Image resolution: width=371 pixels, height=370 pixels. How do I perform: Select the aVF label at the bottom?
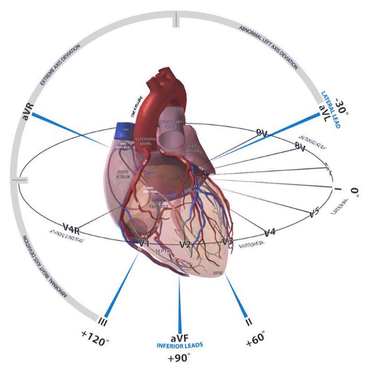(179, 338)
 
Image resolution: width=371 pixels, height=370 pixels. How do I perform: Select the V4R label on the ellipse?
(73, 228)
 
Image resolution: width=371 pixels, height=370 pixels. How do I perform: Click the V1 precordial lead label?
(144, 243)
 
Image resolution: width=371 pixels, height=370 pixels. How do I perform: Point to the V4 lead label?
(270, 232)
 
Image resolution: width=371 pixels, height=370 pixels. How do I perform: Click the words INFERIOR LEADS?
(179, 346)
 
